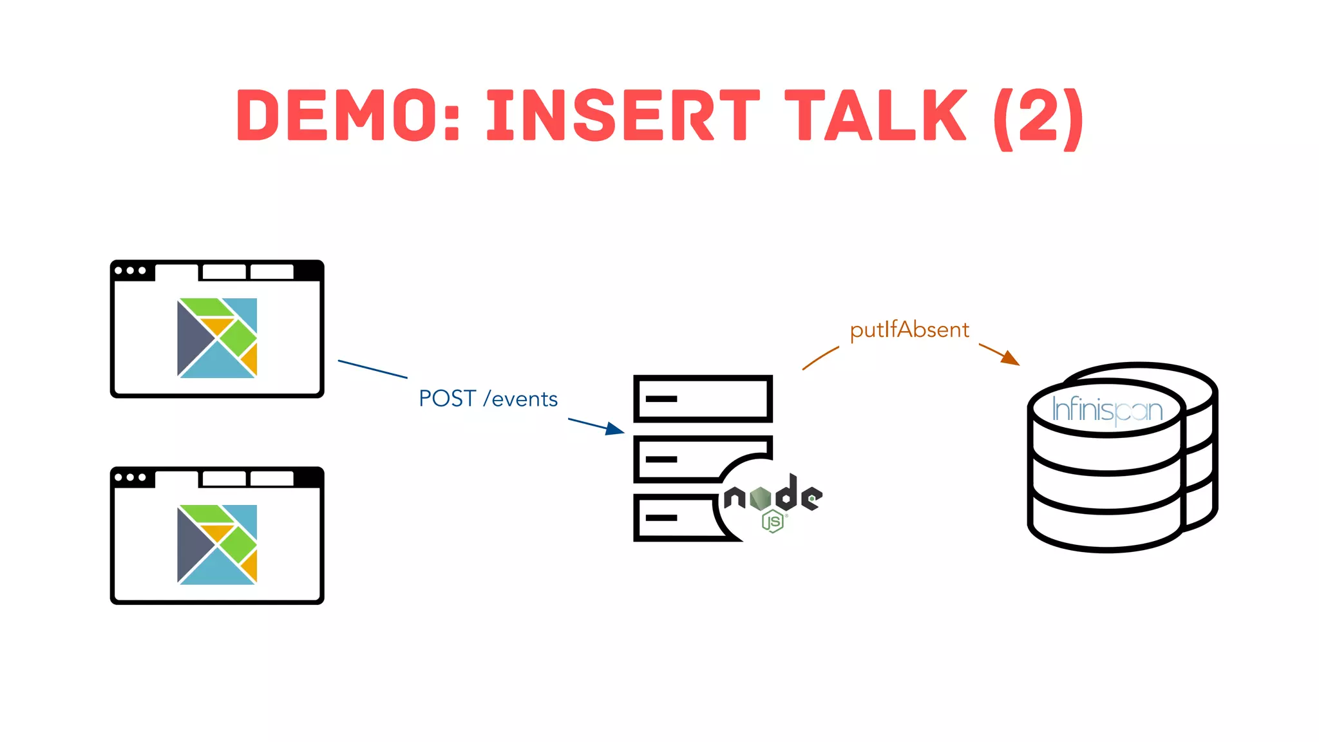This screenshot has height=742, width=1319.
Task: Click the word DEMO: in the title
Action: coord(348,116)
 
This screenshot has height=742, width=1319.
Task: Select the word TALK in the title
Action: coord(876,116)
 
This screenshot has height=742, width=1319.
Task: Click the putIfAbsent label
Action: coord(909,330)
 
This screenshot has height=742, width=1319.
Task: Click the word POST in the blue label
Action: coord(447,399)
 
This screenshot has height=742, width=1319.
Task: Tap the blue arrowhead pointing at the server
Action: coord(615,429)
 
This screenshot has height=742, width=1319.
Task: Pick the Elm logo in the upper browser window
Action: coord(217,338)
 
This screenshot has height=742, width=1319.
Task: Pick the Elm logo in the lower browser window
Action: coord(217,544)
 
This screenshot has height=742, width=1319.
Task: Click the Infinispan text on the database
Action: coord(1106,410)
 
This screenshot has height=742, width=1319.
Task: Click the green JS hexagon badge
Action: coord(772,521)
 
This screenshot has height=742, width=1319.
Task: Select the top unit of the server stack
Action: coord(703,399)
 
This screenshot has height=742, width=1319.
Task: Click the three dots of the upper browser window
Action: coord(130,271)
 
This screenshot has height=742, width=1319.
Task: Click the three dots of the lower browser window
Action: coord(130,477)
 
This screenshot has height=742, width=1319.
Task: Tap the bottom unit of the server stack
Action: coord(673,518)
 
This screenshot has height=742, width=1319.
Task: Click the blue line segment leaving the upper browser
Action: coord(372,369)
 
